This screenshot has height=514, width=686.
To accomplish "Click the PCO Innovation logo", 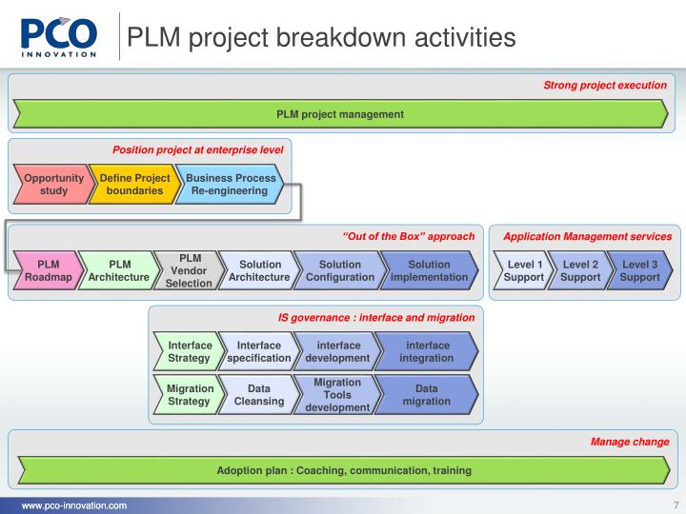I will click(59, 36).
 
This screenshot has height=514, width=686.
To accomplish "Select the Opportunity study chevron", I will click(52, 185).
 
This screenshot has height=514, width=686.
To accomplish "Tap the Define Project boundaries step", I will click(134, 185).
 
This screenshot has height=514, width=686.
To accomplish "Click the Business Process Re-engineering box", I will click(231, 185).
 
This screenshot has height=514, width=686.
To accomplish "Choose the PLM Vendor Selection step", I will click(189, 271).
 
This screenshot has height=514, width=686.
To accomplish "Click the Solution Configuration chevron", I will click(339, 271).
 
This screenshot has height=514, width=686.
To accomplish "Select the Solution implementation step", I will click(429, 271).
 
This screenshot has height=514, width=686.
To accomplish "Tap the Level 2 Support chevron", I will click(580, 271).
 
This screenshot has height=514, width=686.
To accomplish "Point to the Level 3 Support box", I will click(638, 271).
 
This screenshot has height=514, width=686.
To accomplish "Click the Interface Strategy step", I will click(188, 351).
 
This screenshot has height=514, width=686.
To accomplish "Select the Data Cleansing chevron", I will click(258, 395).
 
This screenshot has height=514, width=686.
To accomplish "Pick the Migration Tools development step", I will click(336, 395).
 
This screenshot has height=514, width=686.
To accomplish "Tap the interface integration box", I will click(427, 351).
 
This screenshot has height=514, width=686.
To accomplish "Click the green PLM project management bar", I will click(340, 114).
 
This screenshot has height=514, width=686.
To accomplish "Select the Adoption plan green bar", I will click(343, 470).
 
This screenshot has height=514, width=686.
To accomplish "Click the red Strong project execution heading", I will click(604, 85).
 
